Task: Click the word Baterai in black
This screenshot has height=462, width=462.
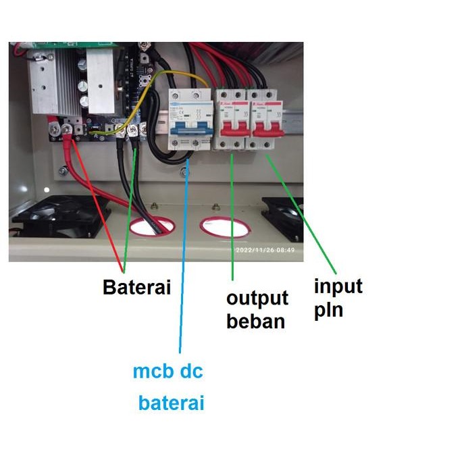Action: [136, 287]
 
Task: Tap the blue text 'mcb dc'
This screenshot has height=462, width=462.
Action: [168, 371]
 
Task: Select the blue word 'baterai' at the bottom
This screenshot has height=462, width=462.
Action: [171, 403]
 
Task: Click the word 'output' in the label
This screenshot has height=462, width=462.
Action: [257, 299]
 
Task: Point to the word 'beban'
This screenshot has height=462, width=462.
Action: [255, 321]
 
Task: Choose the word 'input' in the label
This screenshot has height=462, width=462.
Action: [338, 286]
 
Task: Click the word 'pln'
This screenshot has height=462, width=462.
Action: [328, 310]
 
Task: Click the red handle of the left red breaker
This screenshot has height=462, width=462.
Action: [231, 126]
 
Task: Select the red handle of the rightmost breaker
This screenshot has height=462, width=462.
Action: [267, 126]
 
